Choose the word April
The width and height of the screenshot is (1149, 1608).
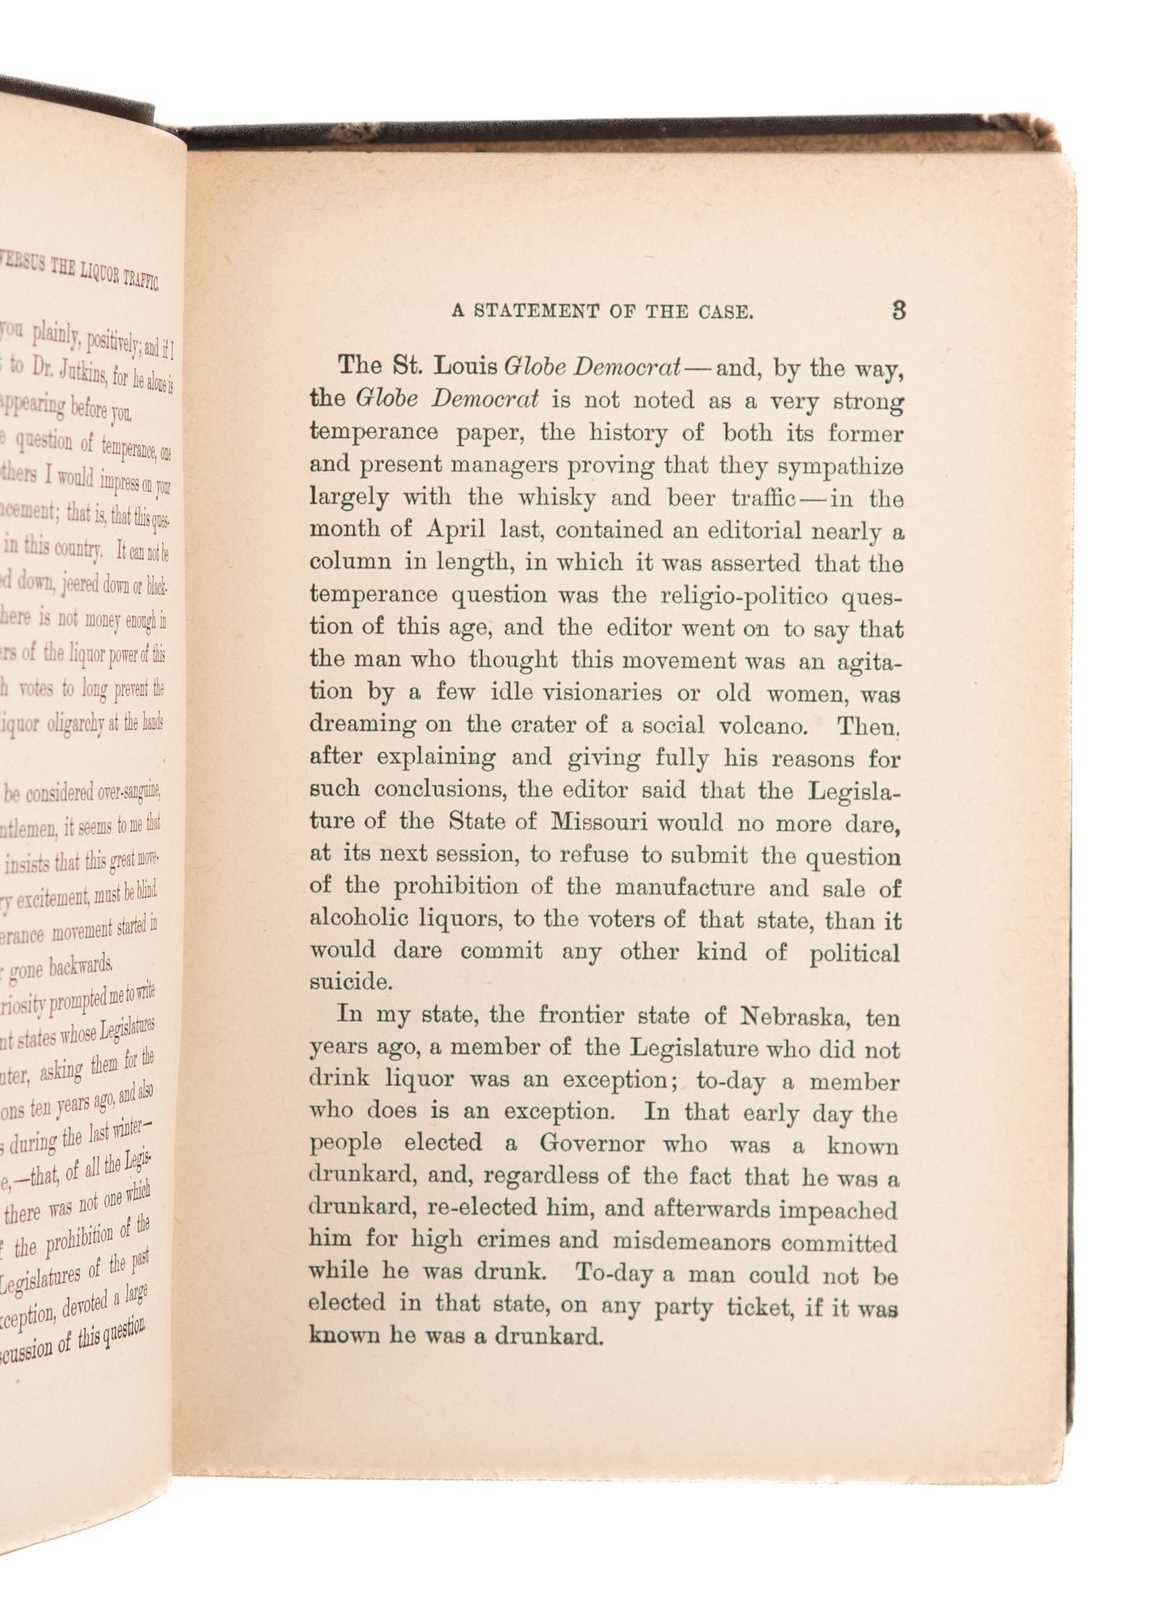(x=452, y=532)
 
